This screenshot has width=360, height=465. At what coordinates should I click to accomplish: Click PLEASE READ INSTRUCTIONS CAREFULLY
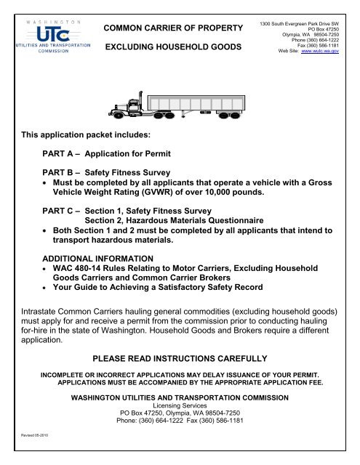[x=180, y=359]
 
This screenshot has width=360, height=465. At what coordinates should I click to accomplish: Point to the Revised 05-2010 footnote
[x=28, y=451]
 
